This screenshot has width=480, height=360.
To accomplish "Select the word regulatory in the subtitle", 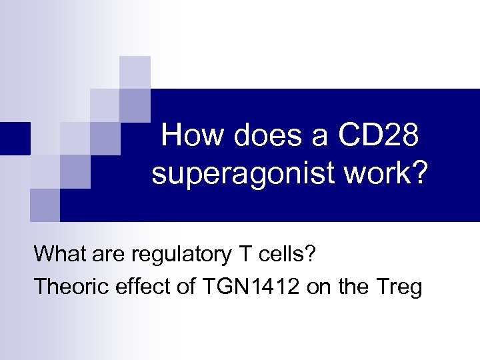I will [175, 255].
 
